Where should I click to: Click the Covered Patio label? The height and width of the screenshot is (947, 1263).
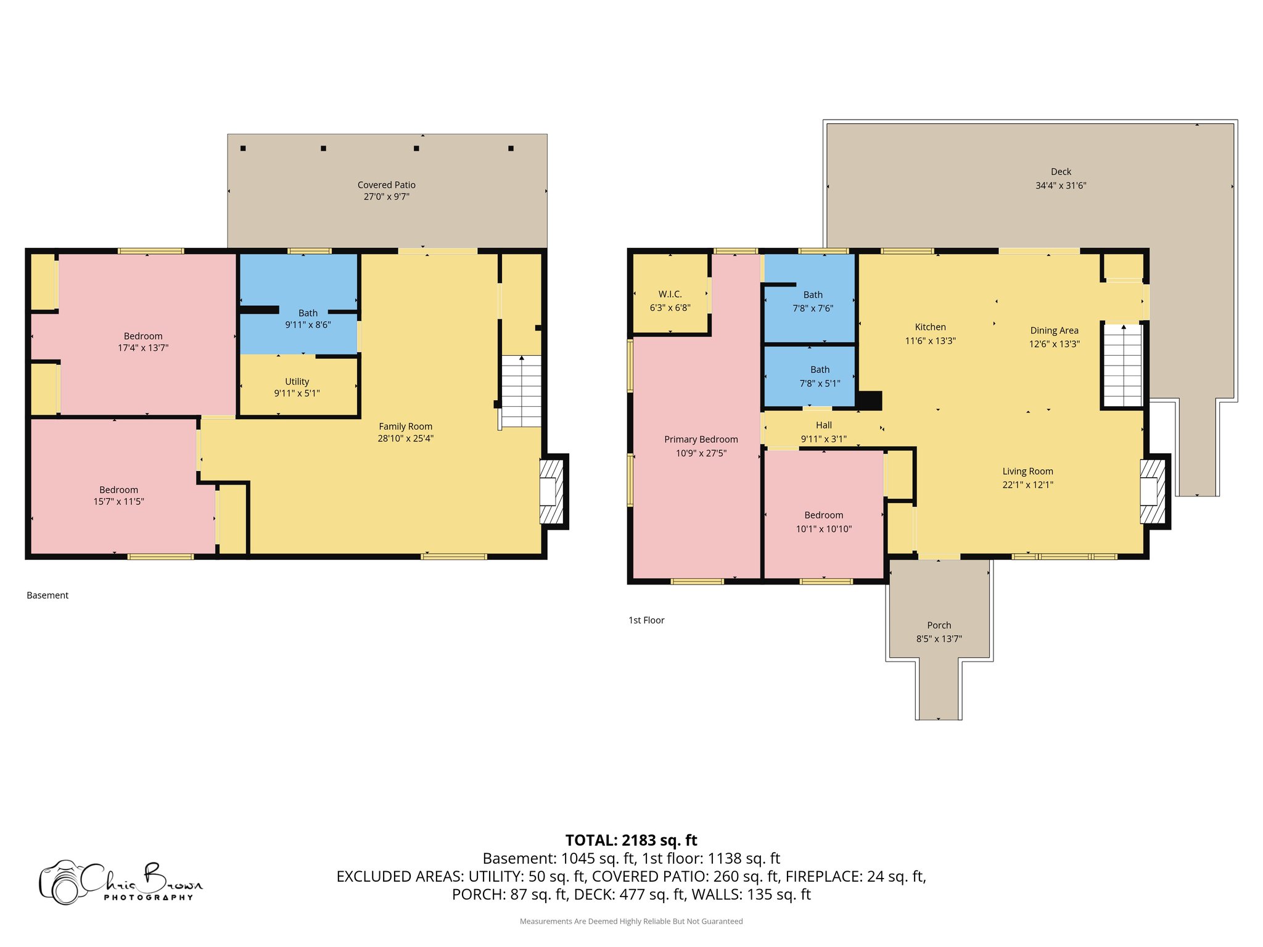386,185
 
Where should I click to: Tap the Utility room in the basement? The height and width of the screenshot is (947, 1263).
297,387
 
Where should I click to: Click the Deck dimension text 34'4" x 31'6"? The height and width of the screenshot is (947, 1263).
1061,186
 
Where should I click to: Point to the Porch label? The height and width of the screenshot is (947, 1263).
939,625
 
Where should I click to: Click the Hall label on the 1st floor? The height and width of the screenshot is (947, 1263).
823,425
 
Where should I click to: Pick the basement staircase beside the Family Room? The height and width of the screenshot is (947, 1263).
521,391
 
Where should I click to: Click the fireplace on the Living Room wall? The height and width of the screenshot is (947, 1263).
1152,491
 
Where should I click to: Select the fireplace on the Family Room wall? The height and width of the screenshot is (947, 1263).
551,491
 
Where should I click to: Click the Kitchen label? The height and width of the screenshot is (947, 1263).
930,327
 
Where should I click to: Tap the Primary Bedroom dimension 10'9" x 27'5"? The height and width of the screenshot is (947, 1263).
701,453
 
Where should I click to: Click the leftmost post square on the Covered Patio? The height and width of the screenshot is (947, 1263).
243,149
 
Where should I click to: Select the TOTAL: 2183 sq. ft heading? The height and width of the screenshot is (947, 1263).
631,840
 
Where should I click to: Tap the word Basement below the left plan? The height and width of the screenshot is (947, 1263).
47,596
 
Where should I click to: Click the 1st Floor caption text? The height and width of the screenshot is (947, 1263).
646,620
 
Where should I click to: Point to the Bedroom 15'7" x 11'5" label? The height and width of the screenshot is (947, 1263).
118,490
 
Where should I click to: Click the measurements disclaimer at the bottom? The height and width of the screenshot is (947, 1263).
631,921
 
